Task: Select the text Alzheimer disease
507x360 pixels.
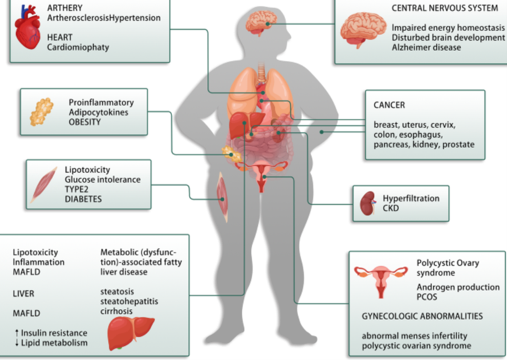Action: (x=426, y=48)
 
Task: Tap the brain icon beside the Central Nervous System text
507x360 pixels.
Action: (x=363, y=30)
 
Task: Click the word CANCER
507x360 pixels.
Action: (x=389, y=105)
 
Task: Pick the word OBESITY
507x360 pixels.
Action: (x=85, y=122)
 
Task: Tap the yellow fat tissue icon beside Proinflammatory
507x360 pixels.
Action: (x=42, y=112)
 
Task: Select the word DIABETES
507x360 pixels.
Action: (x=83, y=199)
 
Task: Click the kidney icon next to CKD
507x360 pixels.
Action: (x=367, y=203)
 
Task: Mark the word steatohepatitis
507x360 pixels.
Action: (x=129, y=301)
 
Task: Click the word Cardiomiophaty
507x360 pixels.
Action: (x=78, y=47)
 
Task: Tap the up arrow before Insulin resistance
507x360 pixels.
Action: (x=15, y=333)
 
